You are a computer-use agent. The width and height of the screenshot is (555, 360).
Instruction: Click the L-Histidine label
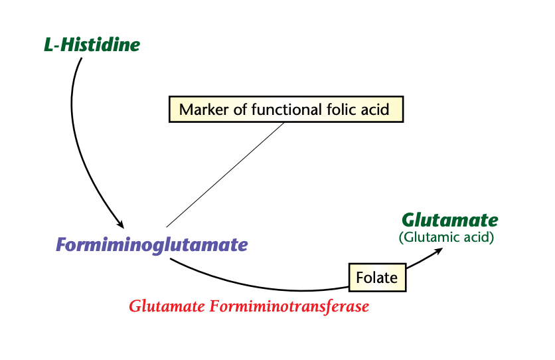[92, 45]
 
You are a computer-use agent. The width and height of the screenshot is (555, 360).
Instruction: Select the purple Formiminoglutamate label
[152, 245]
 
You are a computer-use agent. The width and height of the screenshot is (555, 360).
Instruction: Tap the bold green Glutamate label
[449, 220]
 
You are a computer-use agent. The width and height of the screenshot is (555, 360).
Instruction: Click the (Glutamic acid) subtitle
[446, 237]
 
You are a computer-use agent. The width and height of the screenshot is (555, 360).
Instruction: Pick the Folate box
[376, 277]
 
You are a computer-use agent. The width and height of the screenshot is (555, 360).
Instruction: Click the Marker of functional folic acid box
[286, 109]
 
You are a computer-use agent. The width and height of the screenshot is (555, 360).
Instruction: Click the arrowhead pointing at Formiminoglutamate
[120, 224]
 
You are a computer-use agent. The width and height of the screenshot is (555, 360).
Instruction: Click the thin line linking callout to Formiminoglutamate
[226, 175]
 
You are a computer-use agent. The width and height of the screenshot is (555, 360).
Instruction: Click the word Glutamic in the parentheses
[433, 237]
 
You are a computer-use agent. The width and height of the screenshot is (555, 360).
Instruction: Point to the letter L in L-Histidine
[48, 45]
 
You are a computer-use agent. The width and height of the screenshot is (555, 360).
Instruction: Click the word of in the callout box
[237, 109]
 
